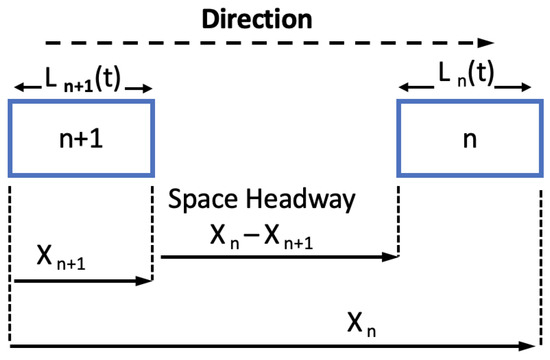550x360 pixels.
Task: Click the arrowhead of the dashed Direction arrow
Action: (x=488, y=43)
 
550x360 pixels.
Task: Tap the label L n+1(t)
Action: (x=82, y=82)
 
